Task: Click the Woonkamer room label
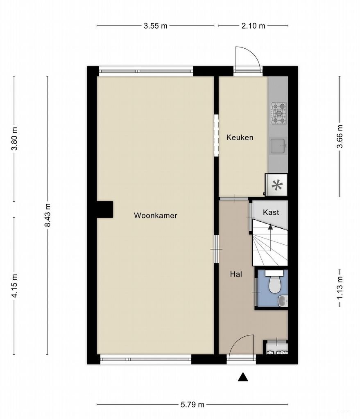pos(155,215)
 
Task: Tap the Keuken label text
pos(240,137)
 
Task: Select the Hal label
pos(235,274)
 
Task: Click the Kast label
pos(271,212)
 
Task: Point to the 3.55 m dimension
pos(155,26)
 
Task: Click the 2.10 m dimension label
pos(253,26)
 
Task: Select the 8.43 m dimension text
pos(48,215)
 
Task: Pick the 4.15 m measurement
pos(15,286)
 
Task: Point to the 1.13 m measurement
pos(340,289)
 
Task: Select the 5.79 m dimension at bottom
pos(192,405)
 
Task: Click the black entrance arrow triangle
pos(243,377)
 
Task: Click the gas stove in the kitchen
pos(278,113)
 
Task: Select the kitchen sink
pos(278,146)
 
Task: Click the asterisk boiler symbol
pos(277,185)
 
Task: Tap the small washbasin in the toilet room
pos(283,302)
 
